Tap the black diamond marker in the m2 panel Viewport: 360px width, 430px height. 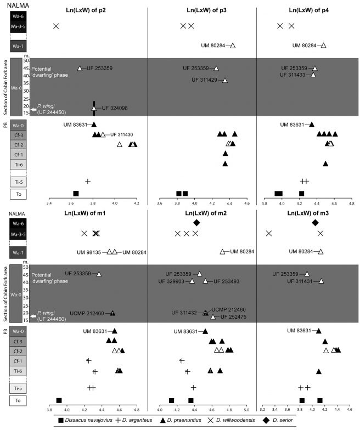[x=196, y=223]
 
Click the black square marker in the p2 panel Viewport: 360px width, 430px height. [x=76, y=193]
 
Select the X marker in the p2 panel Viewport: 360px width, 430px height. [x=55, y=26]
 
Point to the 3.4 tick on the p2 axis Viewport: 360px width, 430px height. [x=50, y=203]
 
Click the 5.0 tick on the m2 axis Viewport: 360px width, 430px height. [x=246, y=409]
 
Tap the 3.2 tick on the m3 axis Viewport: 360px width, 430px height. [x=262, y=409]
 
